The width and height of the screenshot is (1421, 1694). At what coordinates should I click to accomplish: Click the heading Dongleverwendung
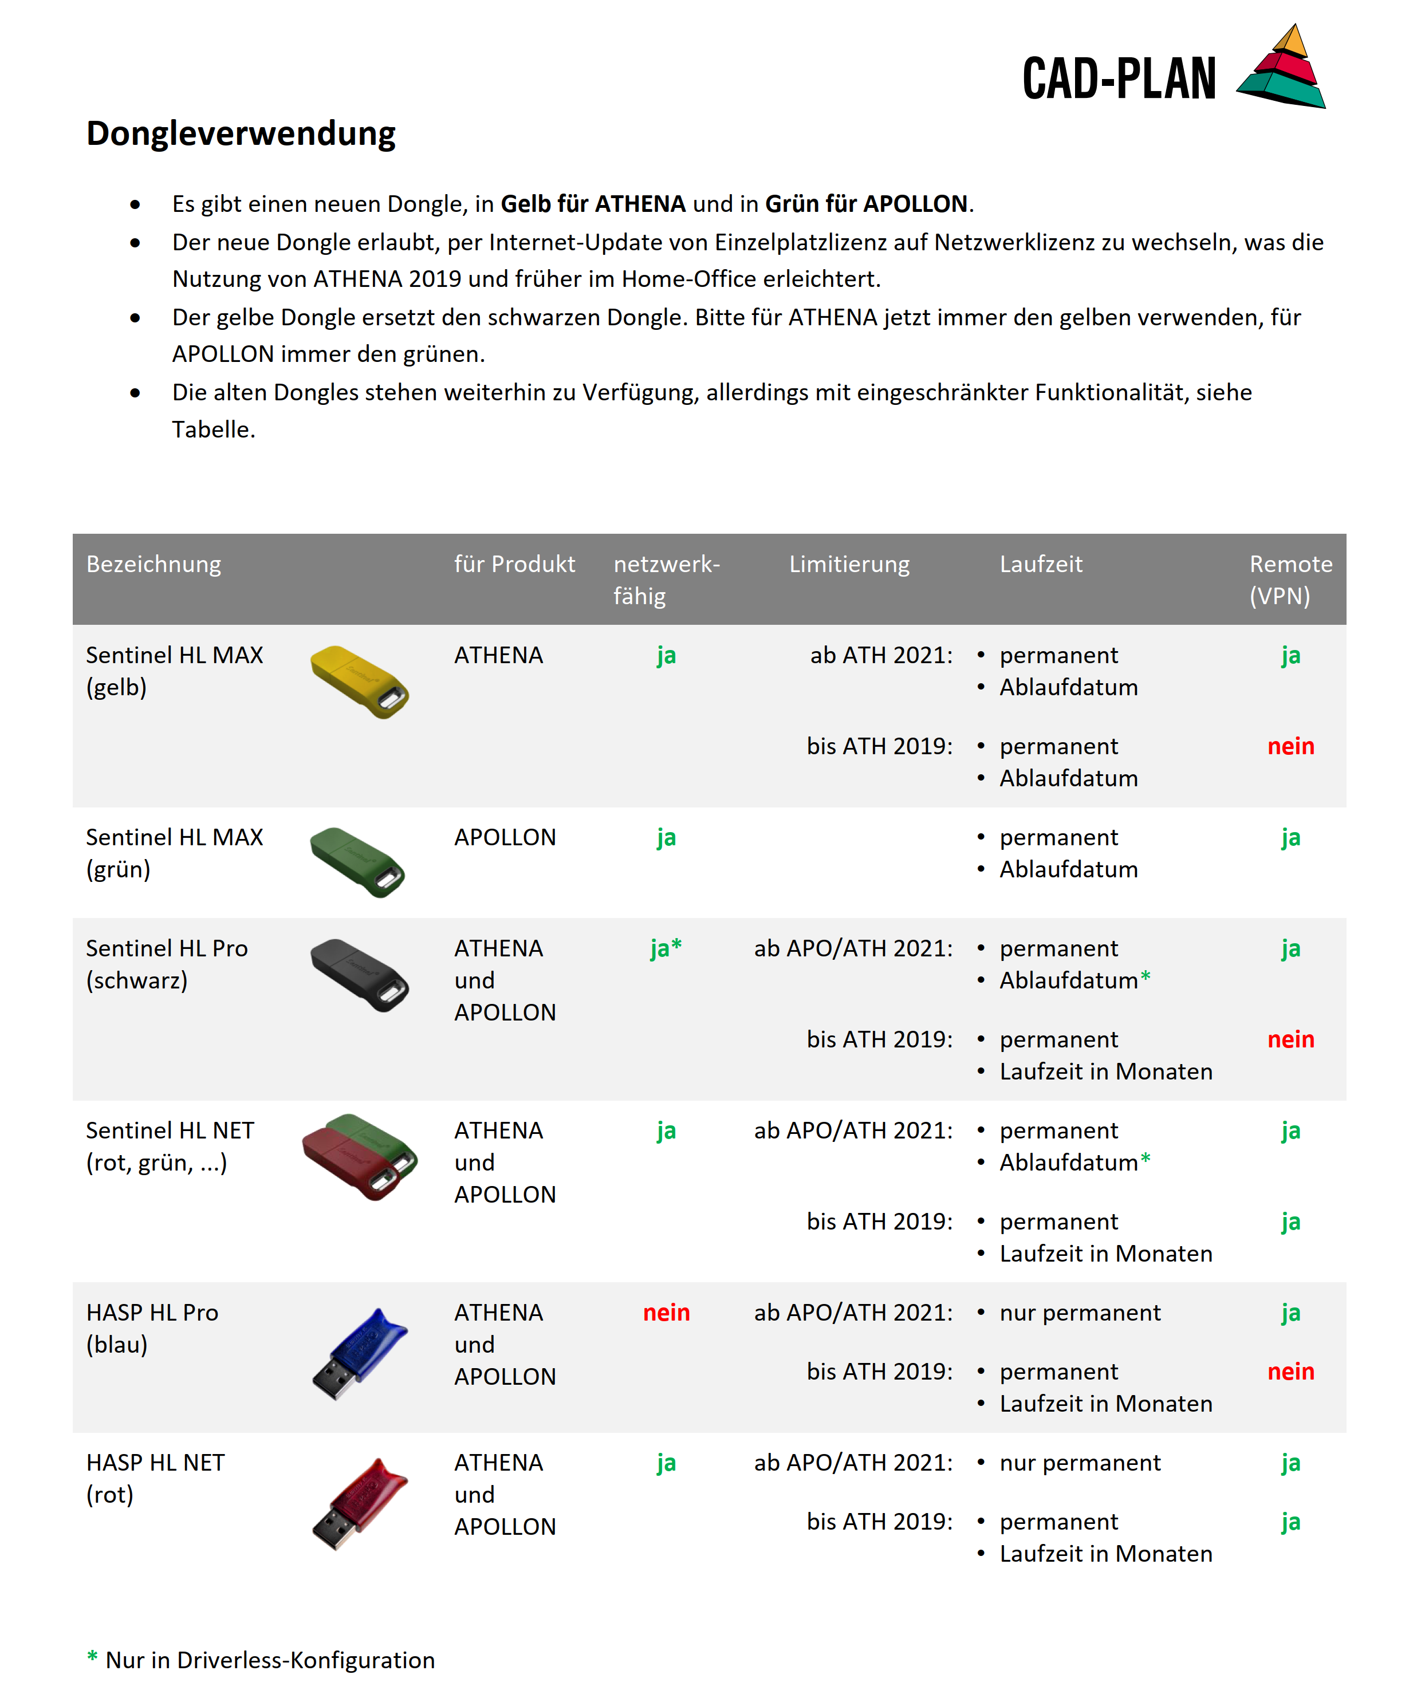[241, 133]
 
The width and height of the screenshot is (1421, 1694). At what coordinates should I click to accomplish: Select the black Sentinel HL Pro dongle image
[360, 975]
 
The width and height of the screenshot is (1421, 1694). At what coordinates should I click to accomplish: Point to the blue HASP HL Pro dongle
[360, 1354]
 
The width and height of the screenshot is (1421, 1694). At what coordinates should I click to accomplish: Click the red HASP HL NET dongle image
[360, 1504]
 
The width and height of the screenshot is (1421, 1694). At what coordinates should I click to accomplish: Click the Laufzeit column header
[1041, 564]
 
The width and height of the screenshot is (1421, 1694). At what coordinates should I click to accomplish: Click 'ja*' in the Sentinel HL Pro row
[666, 948]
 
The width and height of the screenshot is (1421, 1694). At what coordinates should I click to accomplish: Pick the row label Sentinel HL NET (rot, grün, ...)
[170, 1147]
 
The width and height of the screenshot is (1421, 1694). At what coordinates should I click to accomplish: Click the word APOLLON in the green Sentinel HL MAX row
[505, 837]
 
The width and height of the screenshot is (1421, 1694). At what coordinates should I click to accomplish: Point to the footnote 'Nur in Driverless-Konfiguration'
[270, 1660]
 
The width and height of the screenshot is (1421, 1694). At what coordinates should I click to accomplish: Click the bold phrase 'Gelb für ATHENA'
[593, 204]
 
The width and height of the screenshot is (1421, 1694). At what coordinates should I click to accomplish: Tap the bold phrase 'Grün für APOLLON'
[866, 204]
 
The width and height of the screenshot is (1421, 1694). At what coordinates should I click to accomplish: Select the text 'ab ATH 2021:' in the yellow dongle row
[881, 655]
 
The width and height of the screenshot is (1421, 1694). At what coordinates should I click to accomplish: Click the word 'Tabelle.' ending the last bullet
[213, 429]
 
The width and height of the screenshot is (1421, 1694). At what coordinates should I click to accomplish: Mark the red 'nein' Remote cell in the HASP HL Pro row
[1290, 1372]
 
